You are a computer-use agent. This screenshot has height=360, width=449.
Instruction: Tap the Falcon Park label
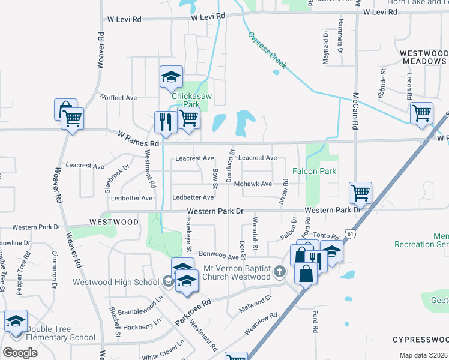coord(314,171)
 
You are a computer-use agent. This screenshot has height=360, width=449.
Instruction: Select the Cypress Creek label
coord(268,50)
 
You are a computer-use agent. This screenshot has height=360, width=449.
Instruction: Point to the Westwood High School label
coord(115,282)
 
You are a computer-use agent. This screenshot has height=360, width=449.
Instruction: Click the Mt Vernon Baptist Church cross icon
coord(279,272)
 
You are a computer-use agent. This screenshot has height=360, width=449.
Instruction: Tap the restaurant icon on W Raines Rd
coord(164,122)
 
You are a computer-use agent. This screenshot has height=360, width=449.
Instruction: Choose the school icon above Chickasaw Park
coord(171,76)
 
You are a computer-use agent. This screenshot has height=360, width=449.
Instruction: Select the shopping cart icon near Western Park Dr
coord(360,193)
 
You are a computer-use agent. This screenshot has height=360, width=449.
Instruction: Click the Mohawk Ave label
coord(253,184)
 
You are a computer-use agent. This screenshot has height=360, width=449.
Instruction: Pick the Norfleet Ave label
coord(119,97)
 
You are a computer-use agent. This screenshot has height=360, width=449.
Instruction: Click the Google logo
coord(20,352)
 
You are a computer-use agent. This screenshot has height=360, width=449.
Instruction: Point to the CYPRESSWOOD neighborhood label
coord(420,339)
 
